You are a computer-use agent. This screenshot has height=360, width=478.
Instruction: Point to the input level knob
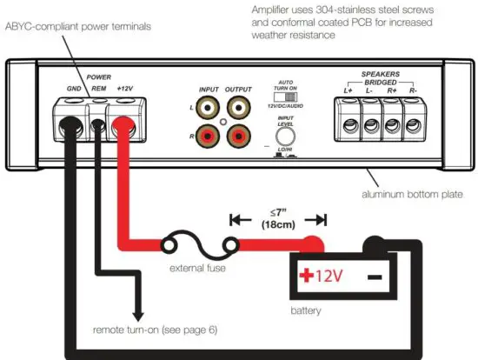click(284, 138)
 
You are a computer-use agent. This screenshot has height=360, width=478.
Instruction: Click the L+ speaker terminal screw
click(350, 126)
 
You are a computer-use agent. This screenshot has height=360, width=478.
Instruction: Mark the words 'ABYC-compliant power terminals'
click(77, 27)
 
